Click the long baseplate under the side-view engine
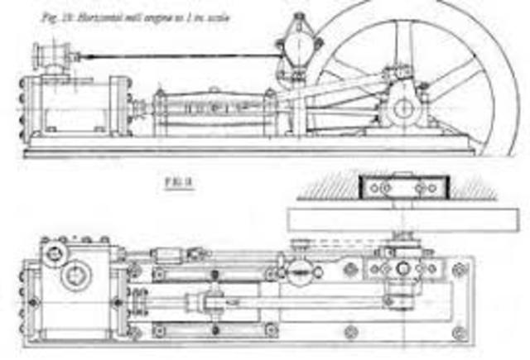[x=248, y=151]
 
